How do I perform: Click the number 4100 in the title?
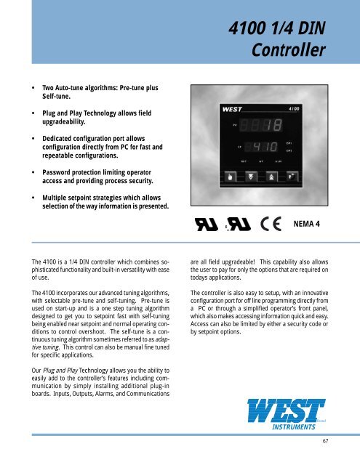(x=249, y=28)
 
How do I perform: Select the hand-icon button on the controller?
(x=230, y=197)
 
